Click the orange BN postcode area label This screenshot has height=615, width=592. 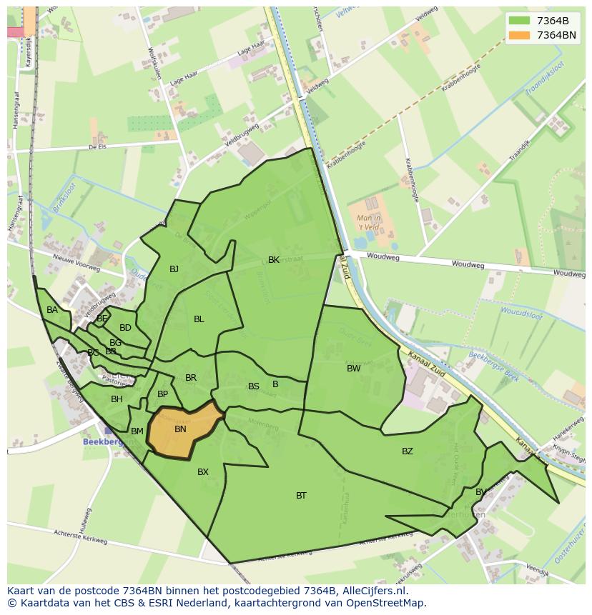pos(180,429)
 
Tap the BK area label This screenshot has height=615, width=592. pos(274,260)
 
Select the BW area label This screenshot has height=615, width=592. pos(354,369)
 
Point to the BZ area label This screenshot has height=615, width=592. pos(408,451)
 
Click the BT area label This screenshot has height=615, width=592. pos(301,496)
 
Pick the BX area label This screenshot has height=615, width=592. pos(203,472)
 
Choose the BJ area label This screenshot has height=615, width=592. pos(174,269)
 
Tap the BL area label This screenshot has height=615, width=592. pos(199,319)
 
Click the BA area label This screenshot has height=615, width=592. pos(52,310)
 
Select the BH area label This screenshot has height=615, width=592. pos(117,399)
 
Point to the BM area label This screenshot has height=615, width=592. pos(137,431)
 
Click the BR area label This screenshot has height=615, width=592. pos(191,378)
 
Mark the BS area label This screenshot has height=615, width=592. pos(254,386)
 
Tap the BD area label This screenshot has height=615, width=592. pos(125,328)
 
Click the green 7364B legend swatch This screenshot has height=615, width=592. pos(520,21)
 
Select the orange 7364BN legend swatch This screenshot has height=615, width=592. pos(520,35)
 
